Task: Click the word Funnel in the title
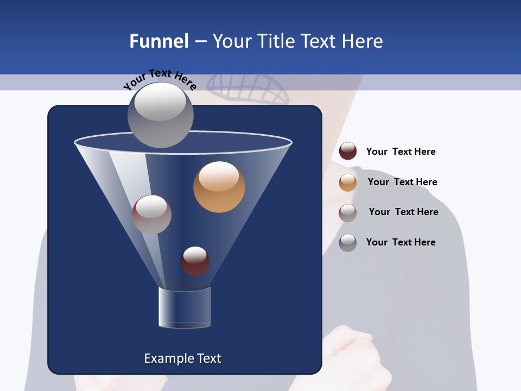pos(158,41)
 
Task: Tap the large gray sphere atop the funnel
pos(160,115)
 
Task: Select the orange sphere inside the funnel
pos(219,187)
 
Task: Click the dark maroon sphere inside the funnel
pos(195,261)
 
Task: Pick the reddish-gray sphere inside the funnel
pos(151,215)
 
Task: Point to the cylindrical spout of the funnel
pos(185,307)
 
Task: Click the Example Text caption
pos(182,358)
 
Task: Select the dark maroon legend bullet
pos(348,152)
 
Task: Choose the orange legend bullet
pos(348,182)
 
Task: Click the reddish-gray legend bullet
pos(348,212)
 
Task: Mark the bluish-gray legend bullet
pos(348,243)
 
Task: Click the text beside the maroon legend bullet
pos(401,152)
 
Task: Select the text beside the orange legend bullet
pos(402,182)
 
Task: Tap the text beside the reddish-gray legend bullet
pos(403,212)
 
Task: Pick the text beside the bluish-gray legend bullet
pos(401,242)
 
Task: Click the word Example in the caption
pos(165,358)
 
